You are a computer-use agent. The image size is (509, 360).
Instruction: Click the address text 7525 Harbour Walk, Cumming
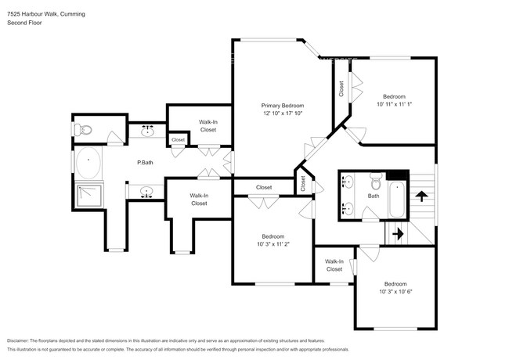(46, 14)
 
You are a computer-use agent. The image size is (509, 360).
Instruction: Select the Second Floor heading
(24, 23)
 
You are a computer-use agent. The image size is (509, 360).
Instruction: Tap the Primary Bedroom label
(282, 105)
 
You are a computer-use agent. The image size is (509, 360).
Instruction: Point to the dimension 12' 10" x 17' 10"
(282, 113)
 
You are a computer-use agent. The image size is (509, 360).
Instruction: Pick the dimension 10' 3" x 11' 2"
(273, 244)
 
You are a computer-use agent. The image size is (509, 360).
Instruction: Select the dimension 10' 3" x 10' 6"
(395, 291)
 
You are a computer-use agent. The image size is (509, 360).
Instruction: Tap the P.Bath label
(144, 163)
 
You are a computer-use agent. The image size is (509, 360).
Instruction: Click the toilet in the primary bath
(83, 129)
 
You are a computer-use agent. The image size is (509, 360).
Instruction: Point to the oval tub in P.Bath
(88, 164)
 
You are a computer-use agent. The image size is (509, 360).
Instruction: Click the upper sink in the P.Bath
(148, 131)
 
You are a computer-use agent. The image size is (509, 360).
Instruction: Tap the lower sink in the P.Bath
(146, 190)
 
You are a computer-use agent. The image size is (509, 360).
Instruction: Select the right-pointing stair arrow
(396, 232)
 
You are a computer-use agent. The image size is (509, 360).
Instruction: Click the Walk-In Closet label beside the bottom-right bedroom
(334, 265)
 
